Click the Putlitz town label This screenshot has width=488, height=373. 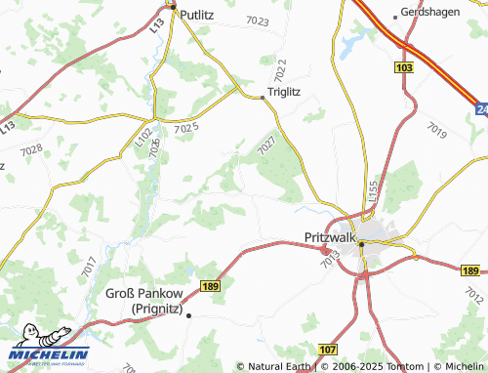(x=197, y=15)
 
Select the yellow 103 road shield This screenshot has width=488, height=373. (x=404, y=66)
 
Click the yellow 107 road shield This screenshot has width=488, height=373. (x=327, y=349)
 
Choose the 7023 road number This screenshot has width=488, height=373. (x=258, y=21)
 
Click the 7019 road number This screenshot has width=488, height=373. (x=436, y=129)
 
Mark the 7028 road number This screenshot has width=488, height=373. (x=31, y=149)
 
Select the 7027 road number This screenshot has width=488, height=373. (x=269, y=144)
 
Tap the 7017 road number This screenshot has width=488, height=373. (x=89, y=264)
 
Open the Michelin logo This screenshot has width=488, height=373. (x=49, y=352)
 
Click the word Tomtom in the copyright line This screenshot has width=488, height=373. (x=386, y=366)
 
